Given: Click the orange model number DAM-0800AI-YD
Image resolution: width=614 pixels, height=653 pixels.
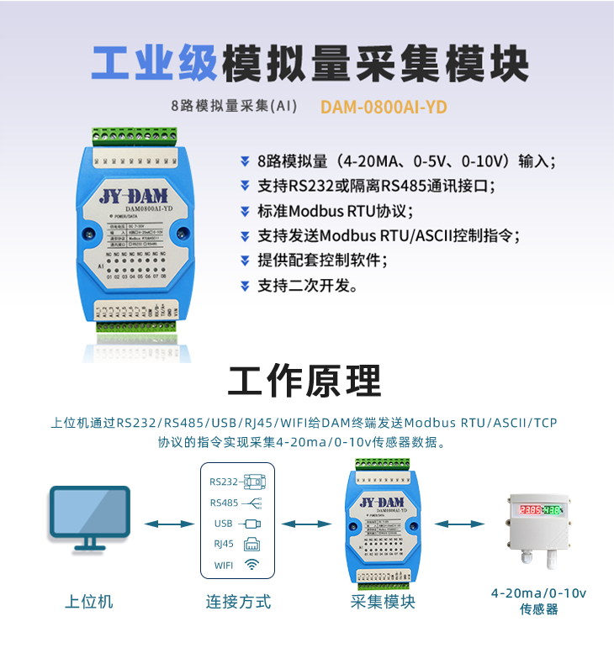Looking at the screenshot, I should [x=384, y=108].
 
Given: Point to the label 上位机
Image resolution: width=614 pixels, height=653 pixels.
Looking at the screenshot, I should [x=89, y=602].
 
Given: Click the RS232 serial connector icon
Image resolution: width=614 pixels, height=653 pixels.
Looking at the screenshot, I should [x=253, y=482].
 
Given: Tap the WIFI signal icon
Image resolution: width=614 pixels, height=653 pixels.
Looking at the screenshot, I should [x=251, y=564].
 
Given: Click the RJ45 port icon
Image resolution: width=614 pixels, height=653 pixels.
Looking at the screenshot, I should [x=251, y=544].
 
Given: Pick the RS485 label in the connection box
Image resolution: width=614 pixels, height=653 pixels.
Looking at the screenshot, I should [x=224, y=503].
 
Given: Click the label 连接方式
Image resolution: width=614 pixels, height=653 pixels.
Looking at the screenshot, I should [x=238, y=602].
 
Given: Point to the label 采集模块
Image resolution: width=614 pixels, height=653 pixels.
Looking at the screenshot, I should [x=383, y=602].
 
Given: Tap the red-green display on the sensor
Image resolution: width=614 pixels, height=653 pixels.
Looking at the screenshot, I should [x=541, y=509].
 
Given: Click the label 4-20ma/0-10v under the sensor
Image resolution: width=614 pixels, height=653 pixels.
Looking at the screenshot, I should [x=539, y=593].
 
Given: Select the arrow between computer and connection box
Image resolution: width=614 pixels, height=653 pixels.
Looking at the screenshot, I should [x=164, y=524].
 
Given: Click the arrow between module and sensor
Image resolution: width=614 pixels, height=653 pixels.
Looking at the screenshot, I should [x=458, y=524].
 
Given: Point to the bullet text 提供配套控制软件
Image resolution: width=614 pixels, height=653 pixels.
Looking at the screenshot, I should [x=322, y=261].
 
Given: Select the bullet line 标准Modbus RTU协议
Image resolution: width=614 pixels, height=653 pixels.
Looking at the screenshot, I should [x=336, y=211].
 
